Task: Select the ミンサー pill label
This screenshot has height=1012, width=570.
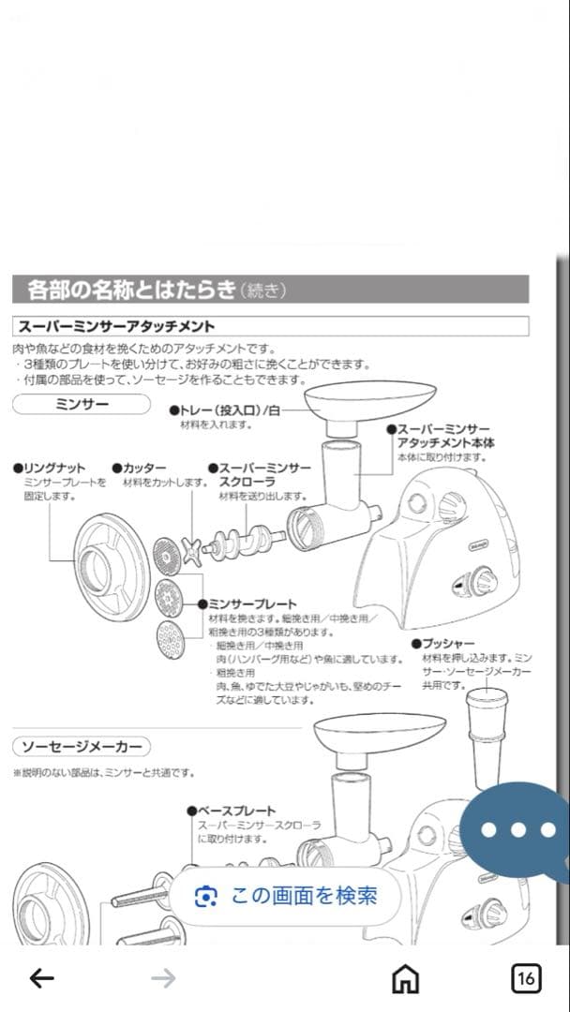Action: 82,404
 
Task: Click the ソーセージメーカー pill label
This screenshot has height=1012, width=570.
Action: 82,747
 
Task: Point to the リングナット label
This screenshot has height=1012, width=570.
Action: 53,468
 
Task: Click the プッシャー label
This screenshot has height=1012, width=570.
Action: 447,645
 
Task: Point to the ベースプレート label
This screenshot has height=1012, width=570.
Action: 235,811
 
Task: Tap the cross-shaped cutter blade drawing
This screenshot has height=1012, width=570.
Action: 193,550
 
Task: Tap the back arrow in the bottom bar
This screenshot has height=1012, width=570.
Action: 42,978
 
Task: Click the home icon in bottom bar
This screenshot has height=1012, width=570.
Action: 405,978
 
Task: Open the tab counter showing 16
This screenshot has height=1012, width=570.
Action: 526,978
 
